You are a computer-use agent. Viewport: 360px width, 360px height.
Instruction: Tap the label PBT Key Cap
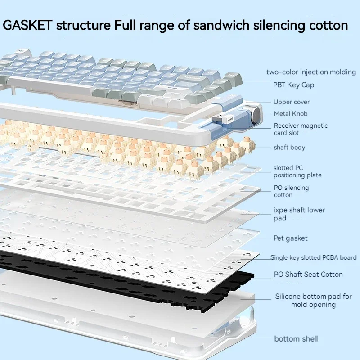click(x=293, y=85)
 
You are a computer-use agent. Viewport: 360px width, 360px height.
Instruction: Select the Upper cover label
click(x=292, y=102)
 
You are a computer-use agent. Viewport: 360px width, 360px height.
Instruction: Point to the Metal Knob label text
click(x=291, y=114)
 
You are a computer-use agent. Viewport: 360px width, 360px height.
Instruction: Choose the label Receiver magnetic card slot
click(x=301, y=129)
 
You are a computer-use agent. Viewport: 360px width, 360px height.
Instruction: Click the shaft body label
click(x=289, y=147)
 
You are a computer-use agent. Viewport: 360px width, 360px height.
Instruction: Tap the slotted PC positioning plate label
click(x=297, y=171)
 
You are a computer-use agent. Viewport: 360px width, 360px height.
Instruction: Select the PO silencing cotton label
click(x=291, y=191)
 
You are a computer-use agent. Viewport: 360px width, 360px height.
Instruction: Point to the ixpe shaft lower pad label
click(x=299, y=214)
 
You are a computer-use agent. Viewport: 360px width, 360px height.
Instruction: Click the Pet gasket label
click(x=291, y=238)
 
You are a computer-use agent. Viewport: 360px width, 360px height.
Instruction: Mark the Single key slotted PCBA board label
click(x=313, y=258)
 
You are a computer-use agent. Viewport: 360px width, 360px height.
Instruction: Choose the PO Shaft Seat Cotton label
click(x=308, y=274)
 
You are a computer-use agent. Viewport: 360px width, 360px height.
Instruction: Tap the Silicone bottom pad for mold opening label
click(x=313, y=301)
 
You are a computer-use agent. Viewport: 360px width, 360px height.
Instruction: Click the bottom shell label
click(x=296, y=338)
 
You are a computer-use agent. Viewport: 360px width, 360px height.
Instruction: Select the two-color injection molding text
click(x=311, y=72)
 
